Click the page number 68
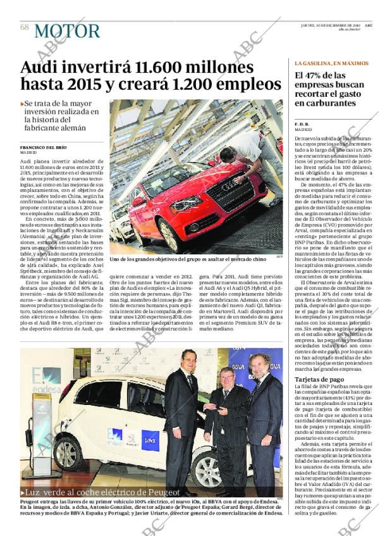tap(24, 27)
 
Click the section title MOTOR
tap(67, 31)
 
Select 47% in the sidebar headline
tap(319, 77)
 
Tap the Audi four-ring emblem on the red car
tap(228, 186)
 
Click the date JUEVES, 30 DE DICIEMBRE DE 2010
tap(330, 25)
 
